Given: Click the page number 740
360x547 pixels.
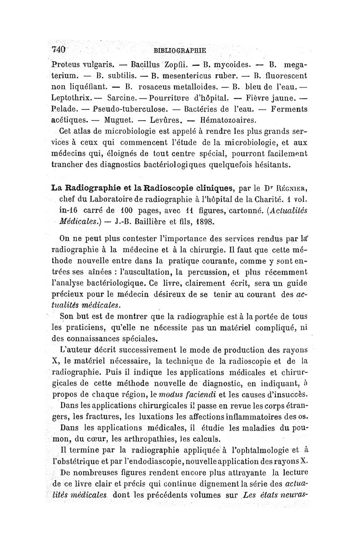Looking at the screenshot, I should [59, 49].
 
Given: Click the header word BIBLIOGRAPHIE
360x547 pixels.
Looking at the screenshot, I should [179, 50].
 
